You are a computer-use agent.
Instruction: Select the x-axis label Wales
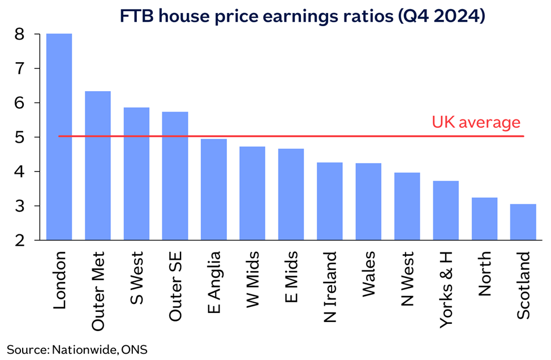[x=368, y=274]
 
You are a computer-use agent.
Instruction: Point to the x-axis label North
[x=484, y=274]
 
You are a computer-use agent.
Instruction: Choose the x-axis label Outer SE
[x=175, y=286]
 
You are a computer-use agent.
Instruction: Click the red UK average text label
[x=476, y=122]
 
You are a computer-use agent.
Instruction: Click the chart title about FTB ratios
[x=302, y=16]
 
